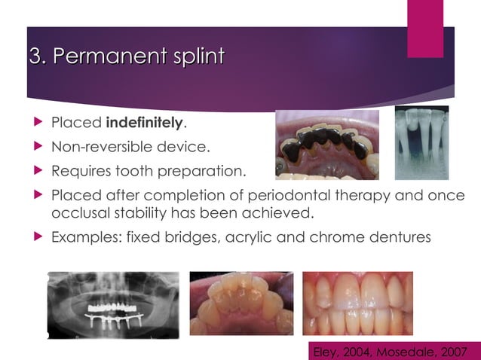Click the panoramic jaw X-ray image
(113, 305)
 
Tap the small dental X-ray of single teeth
(421, 142)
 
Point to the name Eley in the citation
(326, 351)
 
